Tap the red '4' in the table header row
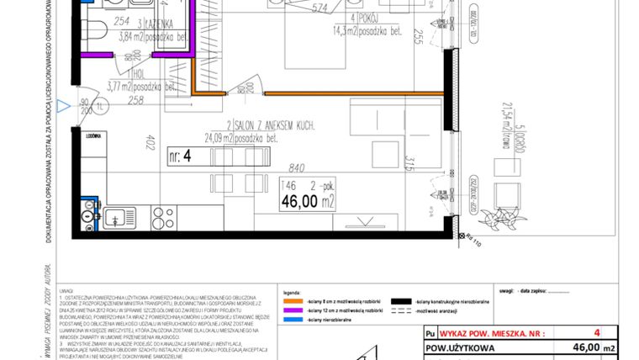tap(596, 332)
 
